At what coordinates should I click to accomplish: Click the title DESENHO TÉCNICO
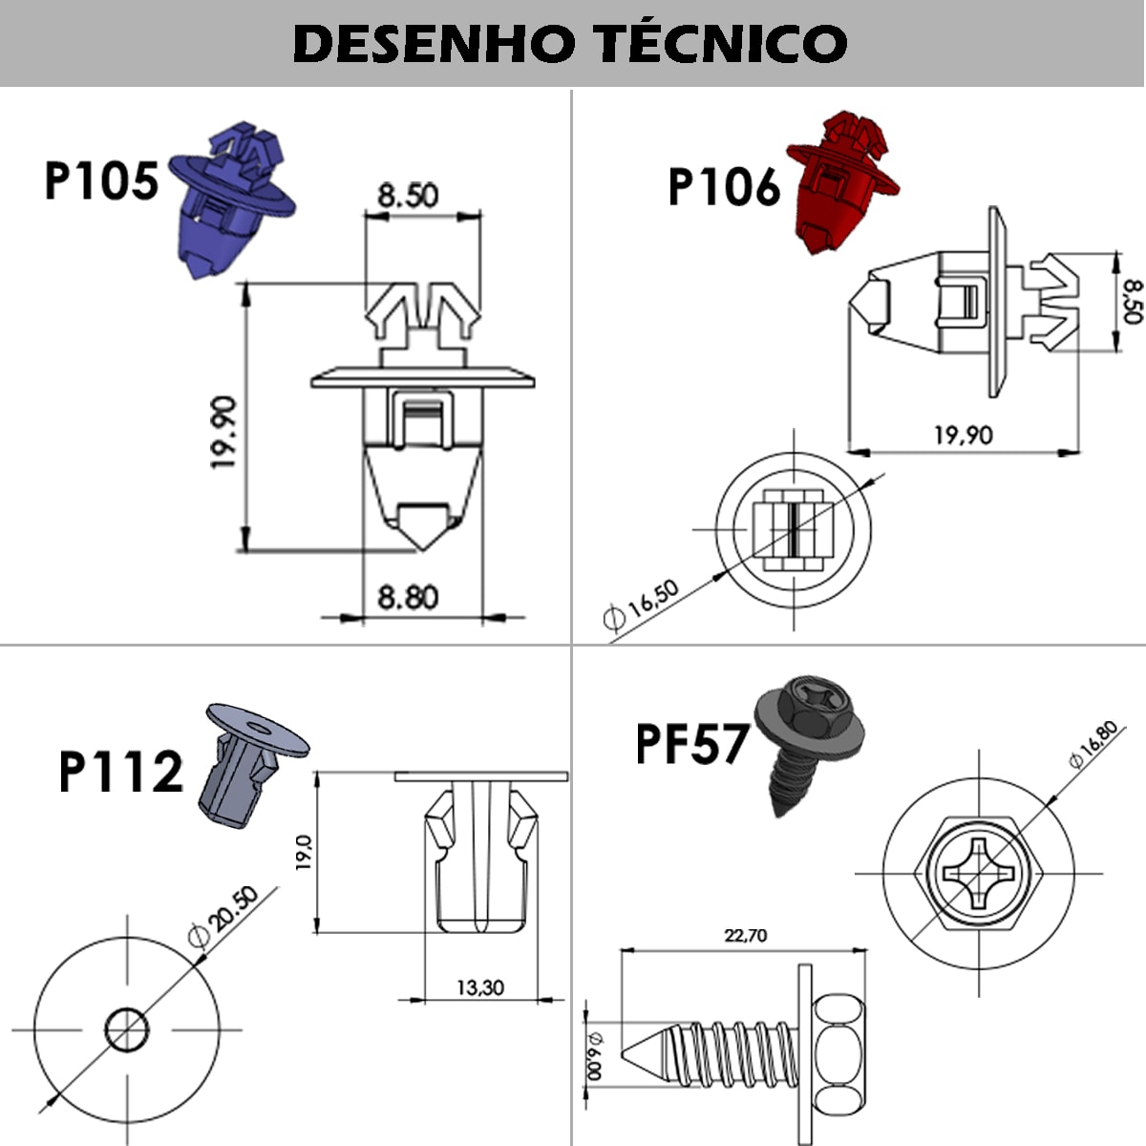click(570, 43)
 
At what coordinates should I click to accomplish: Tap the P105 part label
click(101, 180)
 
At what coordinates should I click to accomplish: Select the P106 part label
click(724, 187)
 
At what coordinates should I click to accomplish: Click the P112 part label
click(120, 772)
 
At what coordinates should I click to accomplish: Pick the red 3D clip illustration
click(842, 181)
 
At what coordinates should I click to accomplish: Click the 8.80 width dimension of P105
click(408, 597)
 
